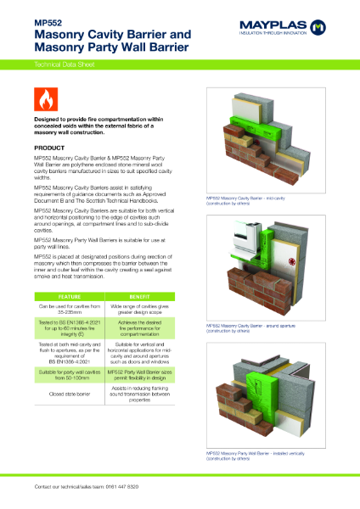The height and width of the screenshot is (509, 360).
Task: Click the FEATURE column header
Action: coord(68,296)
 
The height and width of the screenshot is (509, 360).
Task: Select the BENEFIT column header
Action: coord(145,296)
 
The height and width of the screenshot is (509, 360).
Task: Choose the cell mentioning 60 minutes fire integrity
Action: coord(68,328)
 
